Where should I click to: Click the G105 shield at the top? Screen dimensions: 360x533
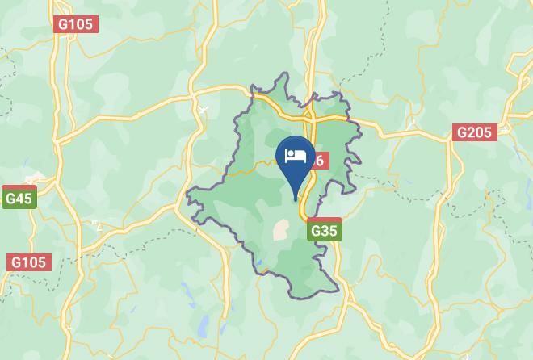pos(76,24)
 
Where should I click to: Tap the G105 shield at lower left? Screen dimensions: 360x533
pos(30,262)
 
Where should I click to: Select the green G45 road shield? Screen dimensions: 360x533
pos(19,199)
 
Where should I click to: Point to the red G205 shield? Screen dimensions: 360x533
pos(474,132)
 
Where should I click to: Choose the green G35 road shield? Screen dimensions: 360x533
pos(324,231)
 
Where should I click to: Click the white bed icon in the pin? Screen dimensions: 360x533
pos(296,154)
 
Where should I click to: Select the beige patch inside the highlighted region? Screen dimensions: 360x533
pos(281,230)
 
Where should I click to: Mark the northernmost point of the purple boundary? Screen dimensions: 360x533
pos(284,74)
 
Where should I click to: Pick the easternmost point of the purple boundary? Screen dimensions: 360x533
pos(360,133)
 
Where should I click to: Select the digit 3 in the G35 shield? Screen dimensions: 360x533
pos(324,231)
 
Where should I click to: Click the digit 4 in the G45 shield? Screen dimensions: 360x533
pos(19,199)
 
